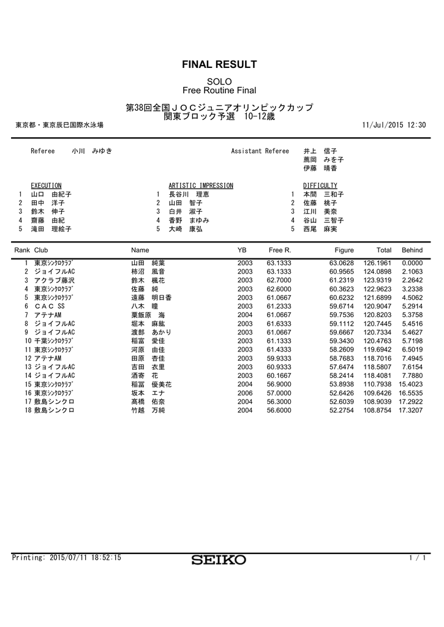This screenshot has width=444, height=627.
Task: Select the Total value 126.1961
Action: click(377, 263)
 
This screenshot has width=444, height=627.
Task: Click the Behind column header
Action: click(412, 250)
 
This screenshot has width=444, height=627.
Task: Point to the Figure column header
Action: click(344, 250)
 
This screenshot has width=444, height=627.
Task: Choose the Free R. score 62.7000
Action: click(279, 280)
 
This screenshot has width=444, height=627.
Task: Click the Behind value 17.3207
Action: click(411, 410)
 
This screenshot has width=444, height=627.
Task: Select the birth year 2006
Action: click(245, 393)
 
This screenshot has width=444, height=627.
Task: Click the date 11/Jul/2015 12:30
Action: click(394, 125)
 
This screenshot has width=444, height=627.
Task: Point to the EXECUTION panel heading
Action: click(46, 185)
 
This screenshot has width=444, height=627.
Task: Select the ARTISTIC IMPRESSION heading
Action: click(200, 185)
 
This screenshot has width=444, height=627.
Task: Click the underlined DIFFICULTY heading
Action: click(320, 185)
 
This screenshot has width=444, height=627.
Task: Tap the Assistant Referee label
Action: click(260, 151)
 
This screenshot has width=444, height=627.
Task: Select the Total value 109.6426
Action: click(377, 393)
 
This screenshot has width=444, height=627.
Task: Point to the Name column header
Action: click(140, 250)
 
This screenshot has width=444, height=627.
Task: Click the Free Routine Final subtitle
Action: click(219, 91)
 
